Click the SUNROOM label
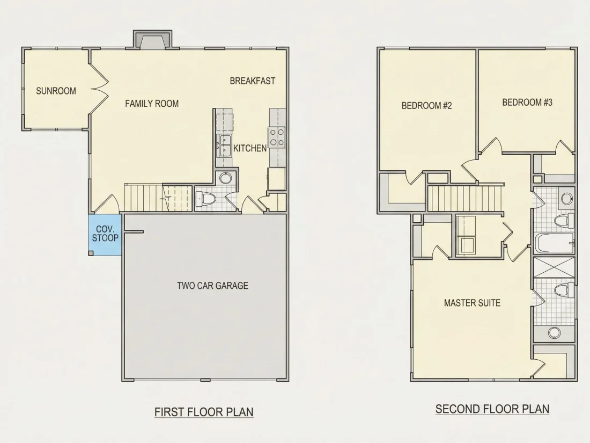56,91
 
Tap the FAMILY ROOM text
152,104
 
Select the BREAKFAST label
253,81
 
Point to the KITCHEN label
250,148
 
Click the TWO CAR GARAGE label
212,286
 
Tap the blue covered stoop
105,235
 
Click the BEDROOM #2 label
427,105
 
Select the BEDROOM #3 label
527,103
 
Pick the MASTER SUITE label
472,303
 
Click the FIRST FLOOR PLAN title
204,412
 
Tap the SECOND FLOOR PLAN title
492,409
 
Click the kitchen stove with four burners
277,137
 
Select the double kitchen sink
225,146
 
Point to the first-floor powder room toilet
205,199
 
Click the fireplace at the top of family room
152,40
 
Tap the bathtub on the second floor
555,243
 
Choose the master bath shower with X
554,268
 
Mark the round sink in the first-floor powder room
225,178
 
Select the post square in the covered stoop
91,253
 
